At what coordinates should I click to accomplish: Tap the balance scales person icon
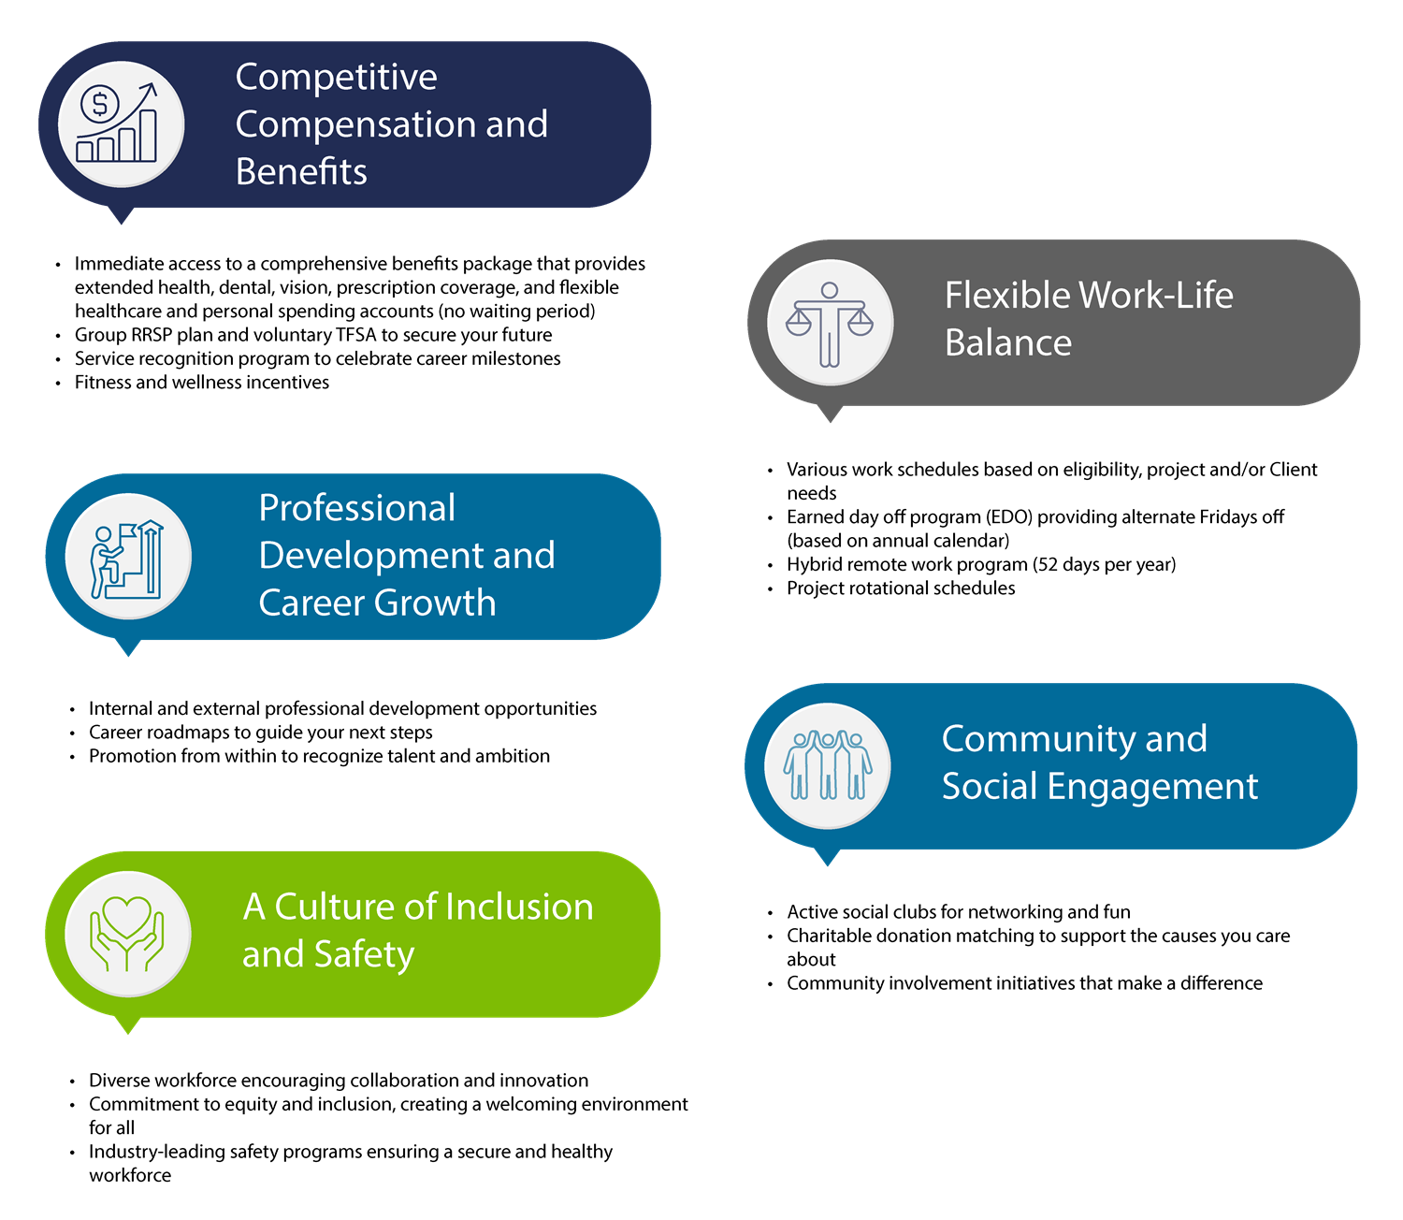click(x=829, y=324)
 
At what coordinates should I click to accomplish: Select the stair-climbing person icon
click(x=127, y=559)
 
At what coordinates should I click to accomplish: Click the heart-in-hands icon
click(x=127, y=934)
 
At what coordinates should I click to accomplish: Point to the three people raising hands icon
click(x=828, y=765)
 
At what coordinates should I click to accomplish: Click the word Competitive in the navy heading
click(x=336, y=76)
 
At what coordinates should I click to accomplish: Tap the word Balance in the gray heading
click(x=1008, y=342)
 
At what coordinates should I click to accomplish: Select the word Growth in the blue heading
click(x=436, y=603)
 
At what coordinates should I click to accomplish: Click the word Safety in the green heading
click(x=364, y=954)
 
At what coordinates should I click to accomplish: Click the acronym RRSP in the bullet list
click(x=152, y=335)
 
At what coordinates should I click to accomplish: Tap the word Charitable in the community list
click(x=832, y=936)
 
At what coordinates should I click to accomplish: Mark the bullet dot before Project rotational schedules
click(x=770, y=589)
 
